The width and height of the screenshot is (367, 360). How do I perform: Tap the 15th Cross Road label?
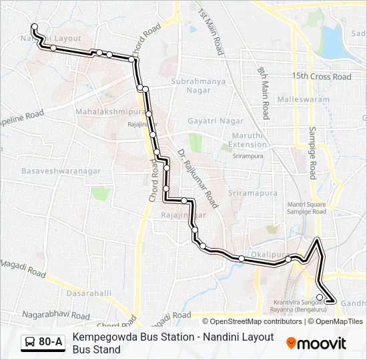click(x=321, y=77)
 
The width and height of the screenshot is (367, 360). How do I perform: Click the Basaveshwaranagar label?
click(x=61, y=171)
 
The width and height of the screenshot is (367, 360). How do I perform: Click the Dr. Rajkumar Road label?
click(x=198, y=178)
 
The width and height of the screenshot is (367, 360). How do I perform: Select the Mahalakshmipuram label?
click(x=107, y=111)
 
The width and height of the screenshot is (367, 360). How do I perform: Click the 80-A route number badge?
click(x=51, y=342)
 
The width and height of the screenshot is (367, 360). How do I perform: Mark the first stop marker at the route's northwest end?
click(x=34, y=27)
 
